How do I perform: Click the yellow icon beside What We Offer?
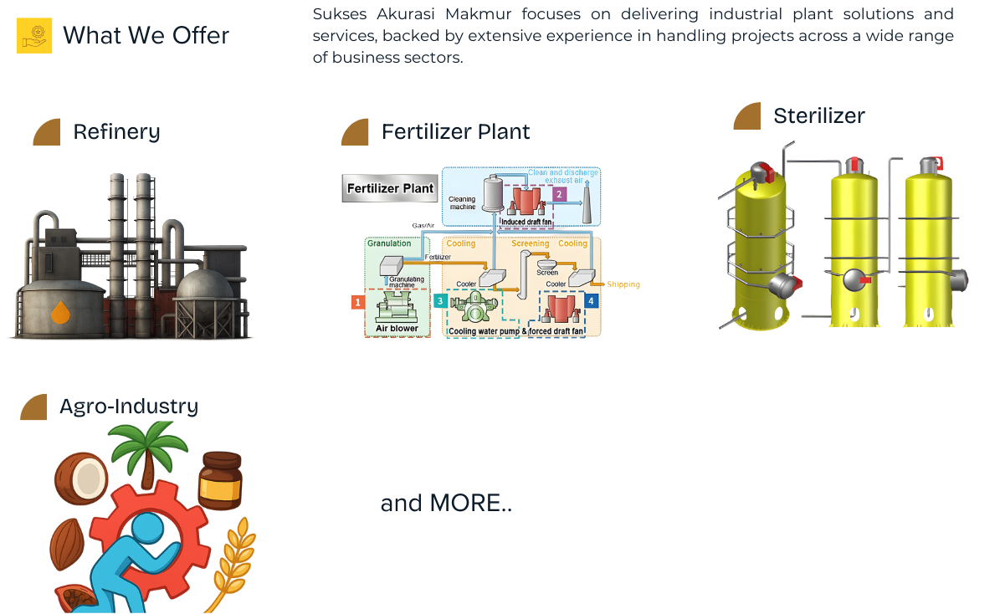pyautogui.click(x=34, y=35)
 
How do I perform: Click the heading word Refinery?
pyautogui.click(x=116, y=132)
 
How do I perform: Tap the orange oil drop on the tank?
pyautogui.click(x=60, y=313)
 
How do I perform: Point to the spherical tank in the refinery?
pyautogui.click(x=204, y=289)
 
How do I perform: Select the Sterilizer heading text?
pyautogui.click(x=818, y=115)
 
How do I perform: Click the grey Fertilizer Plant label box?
pyautogui.click(x=390, y=188)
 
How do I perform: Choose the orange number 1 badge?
pyautogui.click(x=357, y=302)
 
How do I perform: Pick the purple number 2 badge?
pyautogui.click(x=558, y=194)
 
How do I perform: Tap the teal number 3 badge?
pyautogui.click(x=440, y=300)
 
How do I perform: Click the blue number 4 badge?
pyautogui.click(x=592, y=300)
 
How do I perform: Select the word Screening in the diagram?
pyautogui.click(x=530, y=243)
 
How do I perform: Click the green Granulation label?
pyautogui.click(x=389, y=243)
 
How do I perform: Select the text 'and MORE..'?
pyautogui.click(x=445, y=504)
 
